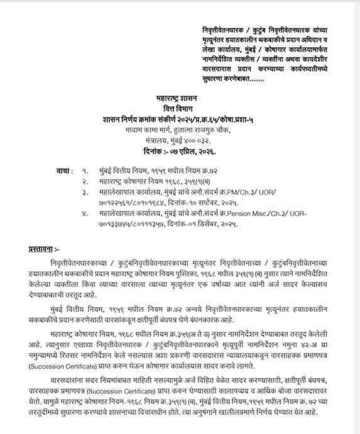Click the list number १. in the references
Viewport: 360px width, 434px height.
(x=86, y=170)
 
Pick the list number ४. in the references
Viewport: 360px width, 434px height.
(x=86, y=215)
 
